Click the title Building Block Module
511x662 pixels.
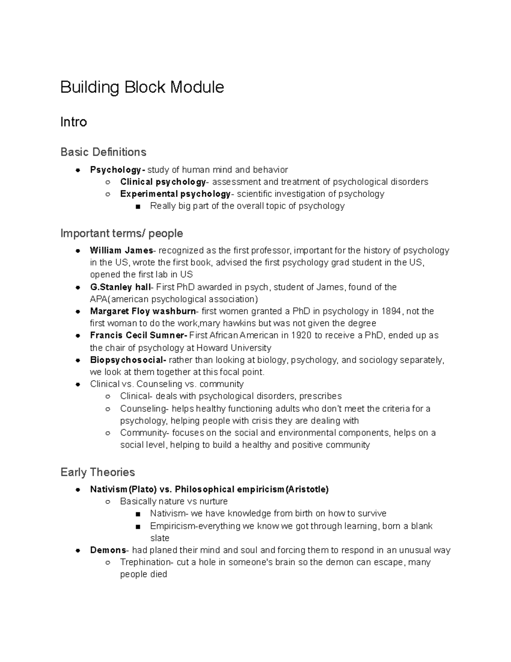pyautogui.click(x=142, y=87)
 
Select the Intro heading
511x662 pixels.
pyautogui.click(x=74, y=122)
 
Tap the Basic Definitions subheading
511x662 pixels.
pyautogui.click(x=103, y=152)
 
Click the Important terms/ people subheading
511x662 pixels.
pyautogui.click(x=121, y=233)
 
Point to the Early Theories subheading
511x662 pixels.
pyautogui.click(x=98, y=472)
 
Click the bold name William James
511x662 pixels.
pyautogui.click(x=121, y=250)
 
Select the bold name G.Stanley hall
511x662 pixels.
pyautogui.click(x=121, y=287)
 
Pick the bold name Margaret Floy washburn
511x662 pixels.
pyautogui.click(x=143, y=311)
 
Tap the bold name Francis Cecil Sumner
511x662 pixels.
pyautogui.click(x=138, y=335)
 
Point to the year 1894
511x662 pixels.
pyautogui.click(x=391, y=311)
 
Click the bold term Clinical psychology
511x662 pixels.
pyautogui.click(x=163, y=182)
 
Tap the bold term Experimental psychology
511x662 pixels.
pyautogui.click(x=175, y=194)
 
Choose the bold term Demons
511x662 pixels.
pyautogui.click(x=108, y=550)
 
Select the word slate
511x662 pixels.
pyautogui.click(x=160, y=538)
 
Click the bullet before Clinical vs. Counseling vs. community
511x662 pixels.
pyautogui.click(x=78, y=384)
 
